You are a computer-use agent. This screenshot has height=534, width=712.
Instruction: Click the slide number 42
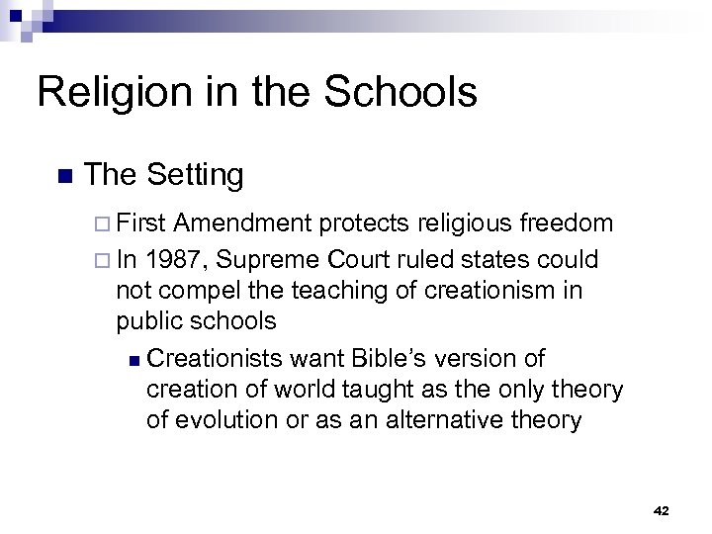[x=662, y=510]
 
